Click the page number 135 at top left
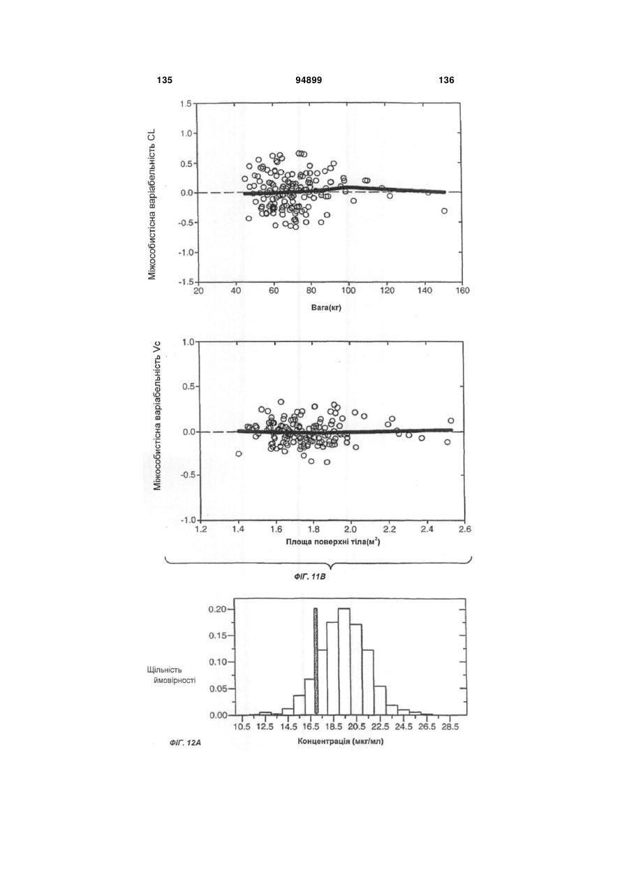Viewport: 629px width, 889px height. click(x=165, y=80)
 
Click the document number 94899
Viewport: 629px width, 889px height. click(x=309, y=80)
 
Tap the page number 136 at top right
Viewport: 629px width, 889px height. click(x=447, y=80)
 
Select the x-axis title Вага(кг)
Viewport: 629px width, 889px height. click(x=326, y=307)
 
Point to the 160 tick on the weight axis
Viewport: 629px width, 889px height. click(x=462, y=291)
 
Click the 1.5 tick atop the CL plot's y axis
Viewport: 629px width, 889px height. click(x=186, y=103)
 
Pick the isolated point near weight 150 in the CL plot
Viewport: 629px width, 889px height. click(x=445, y=211)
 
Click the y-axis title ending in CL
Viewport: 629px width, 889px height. click(x=152, y=205)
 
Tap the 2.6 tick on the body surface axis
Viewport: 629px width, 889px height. click(x=465, y=529)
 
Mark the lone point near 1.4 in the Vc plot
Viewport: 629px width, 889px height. click(x=239, y=454)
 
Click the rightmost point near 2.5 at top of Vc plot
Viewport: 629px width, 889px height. click(x=450, y=420)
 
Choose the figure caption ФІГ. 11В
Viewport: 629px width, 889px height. click(x=309, y=577)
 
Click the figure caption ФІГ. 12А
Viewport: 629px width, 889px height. click(x=185, y=742)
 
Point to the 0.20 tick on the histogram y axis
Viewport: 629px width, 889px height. click(x=218, y=609)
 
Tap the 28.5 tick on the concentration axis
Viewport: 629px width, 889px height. click(x=450, y=727)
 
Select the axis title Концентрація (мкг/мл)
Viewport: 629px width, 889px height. click(x=341, y=741)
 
